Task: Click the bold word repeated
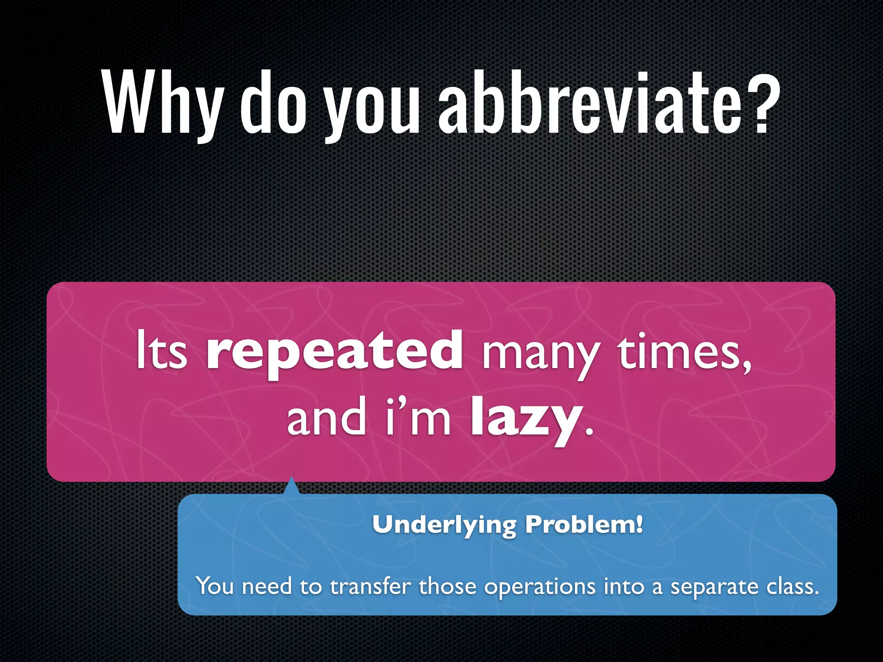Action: click(x=335, y=351)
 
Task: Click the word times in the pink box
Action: click(x=684, y=351)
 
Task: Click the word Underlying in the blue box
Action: click(x=444, y=525)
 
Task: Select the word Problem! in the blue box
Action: click(x=584, y=525)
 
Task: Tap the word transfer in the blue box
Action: click(x=370, y=586)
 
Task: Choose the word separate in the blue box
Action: click(x=714, y=587)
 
